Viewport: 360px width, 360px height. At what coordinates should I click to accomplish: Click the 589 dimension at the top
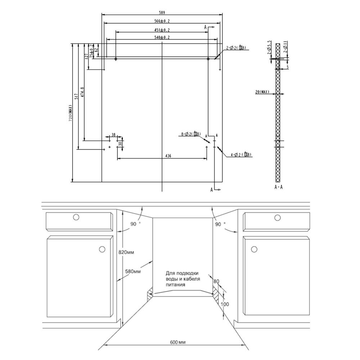162,12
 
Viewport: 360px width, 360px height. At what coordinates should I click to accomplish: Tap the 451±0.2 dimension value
162,30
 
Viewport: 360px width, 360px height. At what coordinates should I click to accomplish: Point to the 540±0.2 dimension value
162,37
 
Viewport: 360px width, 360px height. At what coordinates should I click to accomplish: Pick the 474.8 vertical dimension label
82,93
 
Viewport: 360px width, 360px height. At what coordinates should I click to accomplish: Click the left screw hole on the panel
116,59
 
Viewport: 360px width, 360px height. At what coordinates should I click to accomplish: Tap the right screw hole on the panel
208,59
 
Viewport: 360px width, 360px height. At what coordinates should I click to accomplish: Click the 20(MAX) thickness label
262,92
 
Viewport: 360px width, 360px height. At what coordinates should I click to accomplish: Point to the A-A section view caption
278,187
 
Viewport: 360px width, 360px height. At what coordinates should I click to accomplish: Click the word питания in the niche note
175,284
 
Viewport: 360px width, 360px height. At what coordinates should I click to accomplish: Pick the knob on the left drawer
76,217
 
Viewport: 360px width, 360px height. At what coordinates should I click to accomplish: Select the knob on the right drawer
277,217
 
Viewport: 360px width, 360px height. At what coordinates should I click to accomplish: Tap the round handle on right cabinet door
254,249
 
